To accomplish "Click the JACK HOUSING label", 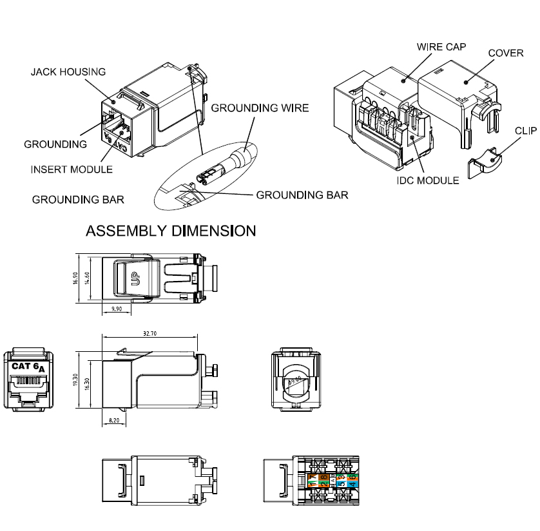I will (x=68, y=72).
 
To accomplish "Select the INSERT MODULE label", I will (x=72, y=169).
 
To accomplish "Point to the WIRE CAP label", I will (x=441, y=47).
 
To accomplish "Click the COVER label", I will (x=505, y=53).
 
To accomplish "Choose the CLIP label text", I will (x=526, y=130).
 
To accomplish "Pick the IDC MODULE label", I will (x=428, y=180).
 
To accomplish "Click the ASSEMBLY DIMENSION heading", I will (x=171, y=230).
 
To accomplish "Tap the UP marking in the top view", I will (x=135, y=279).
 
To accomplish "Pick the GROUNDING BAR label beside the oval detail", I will (x=302, y=194).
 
